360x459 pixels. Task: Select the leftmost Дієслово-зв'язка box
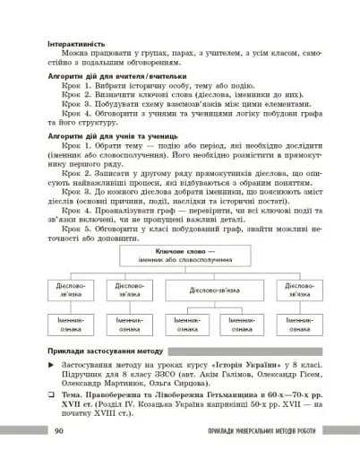point(65,290)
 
